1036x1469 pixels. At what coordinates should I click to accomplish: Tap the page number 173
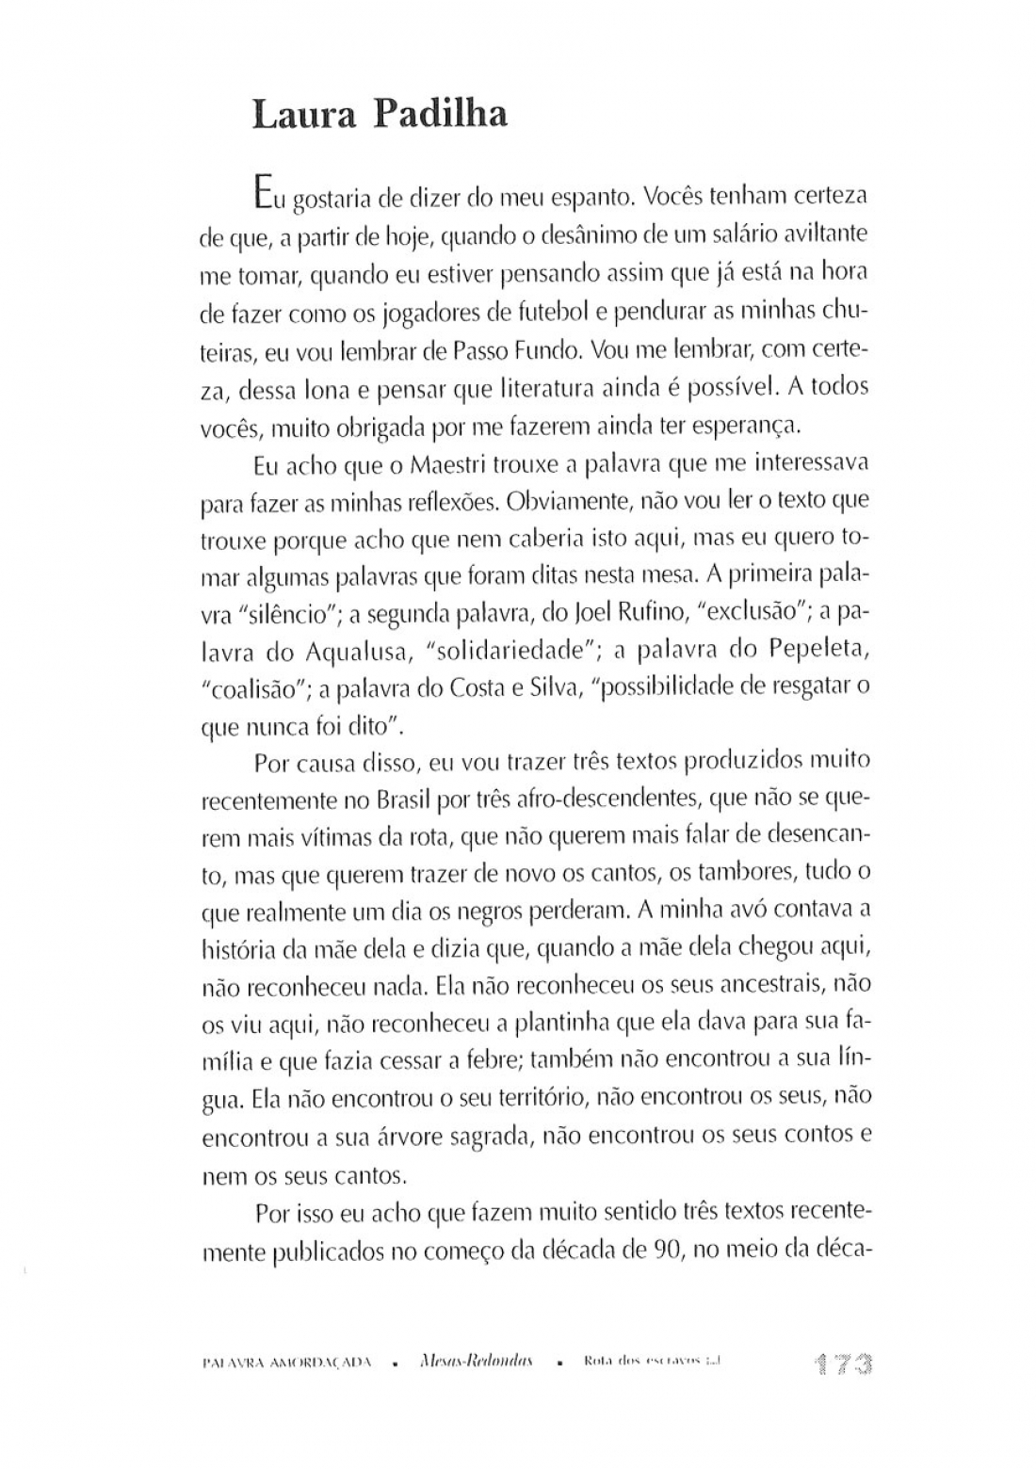coord(842,1364)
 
